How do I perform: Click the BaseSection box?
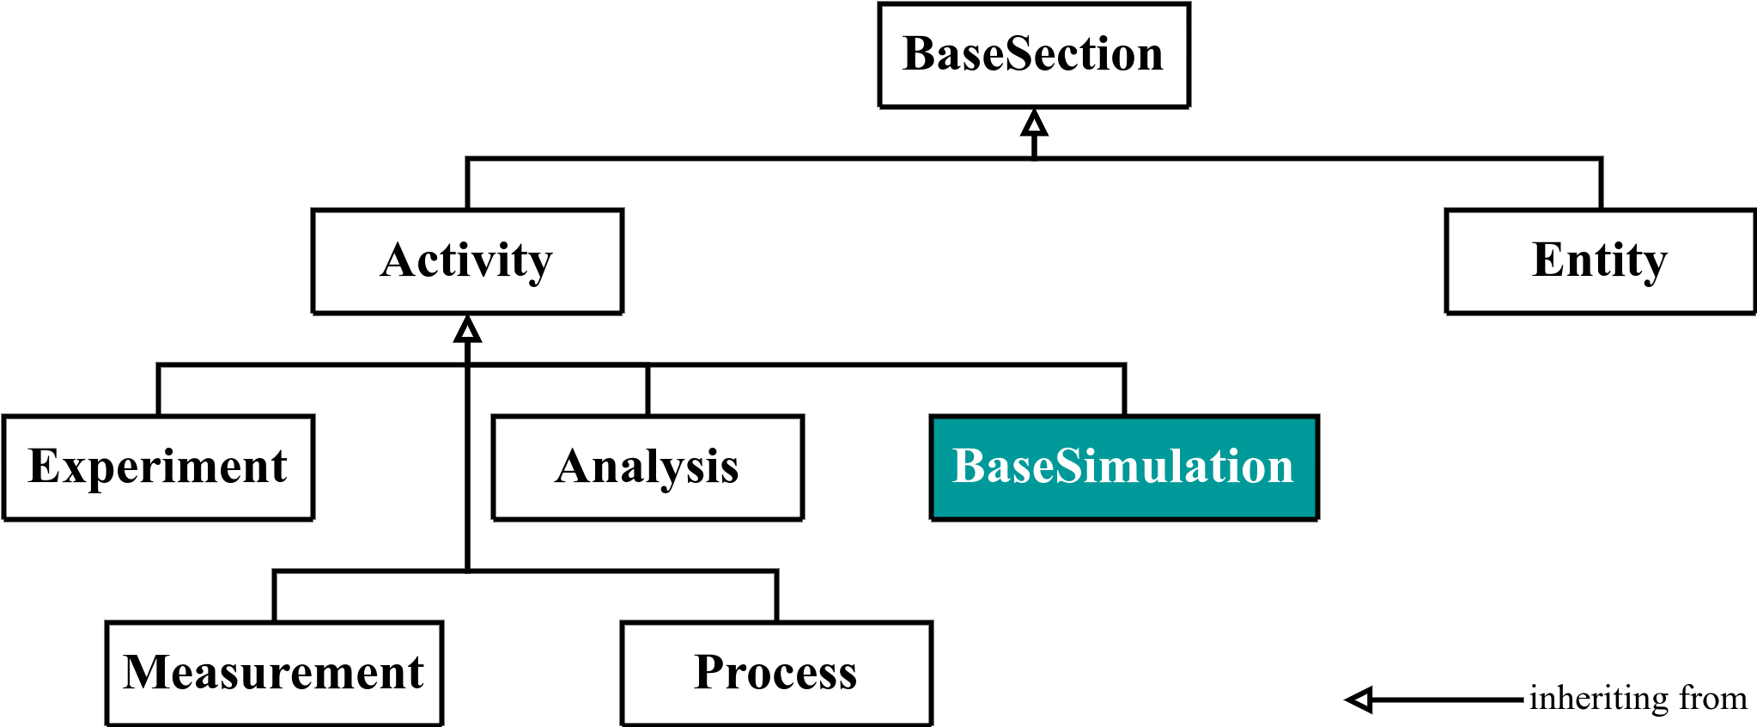click(1034, 55)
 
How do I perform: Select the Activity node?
click(467, 261)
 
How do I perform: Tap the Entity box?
click(1601, 261)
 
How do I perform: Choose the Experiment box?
click(158, 467)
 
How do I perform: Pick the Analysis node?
click(647, 467)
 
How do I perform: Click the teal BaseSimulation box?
click(1124, 467)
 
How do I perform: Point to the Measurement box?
click(274, 674)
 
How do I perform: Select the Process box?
click(776, 674)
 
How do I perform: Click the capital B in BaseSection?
click(919, 54)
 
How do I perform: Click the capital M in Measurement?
click(145, 673)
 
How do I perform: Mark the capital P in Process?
click(709, 673)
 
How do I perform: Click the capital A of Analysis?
click(574, 467)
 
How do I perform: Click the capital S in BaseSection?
click(1020, 54)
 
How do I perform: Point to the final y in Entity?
click(1654, 266)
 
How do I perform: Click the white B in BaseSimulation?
click(970, 467)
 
